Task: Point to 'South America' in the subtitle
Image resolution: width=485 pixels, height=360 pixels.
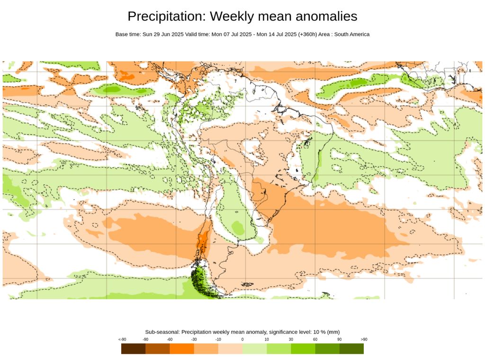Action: (352, 35)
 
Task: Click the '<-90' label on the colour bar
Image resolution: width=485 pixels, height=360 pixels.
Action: (122, 339)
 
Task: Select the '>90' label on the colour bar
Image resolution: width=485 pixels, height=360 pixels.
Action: (364, 339)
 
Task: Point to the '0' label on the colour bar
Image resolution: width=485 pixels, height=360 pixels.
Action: (242, 339)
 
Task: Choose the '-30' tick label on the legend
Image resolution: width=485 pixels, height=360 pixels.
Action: (194, 339)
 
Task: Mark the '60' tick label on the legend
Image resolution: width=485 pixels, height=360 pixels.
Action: (315, 339)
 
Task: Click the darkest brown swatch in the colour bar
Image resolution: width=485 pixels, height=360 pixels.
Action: (134, 349)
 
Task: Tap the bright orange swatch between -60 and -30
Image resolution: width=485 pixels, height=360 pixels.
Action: (182, 349)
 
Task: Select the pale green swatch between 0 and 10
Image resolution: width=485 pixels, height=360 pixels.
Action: (255, 349)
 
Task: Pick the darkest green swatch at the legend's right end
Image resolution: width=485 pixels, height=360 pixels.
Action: (351, 349)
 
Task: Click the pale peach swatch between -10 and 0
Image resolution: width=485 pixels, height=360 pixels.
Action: (230, 349)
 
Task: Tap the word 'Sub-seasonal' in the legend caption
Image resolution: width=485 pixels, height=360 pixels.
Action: (162, 332)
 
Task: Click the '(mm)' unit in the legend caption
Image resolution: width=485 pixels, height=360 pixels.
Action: (333, 332)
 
